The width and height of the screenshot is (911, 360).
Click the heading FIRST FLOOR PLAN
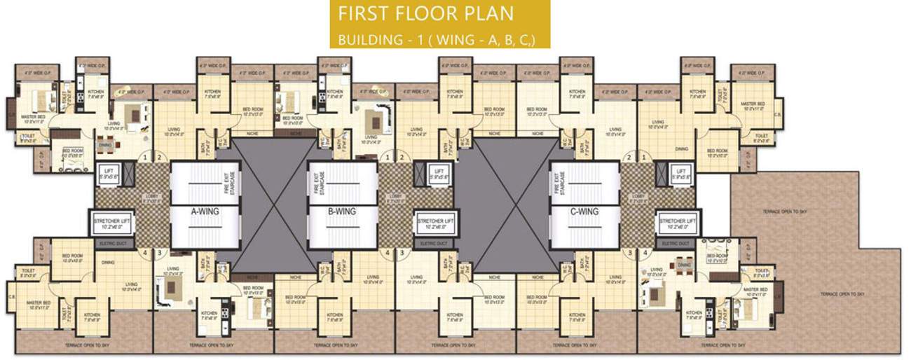(425, 13)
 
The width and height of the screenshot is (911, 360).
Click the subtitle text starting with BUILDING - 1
(436, 39)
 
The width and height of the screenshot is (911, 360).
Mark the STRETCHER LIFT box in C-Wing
(678, 223)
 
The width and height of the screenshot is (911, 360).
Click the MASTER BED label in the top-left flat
(33, 119)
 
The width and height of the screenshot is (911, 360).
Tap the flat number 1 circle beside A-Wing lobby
(145, 158)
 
